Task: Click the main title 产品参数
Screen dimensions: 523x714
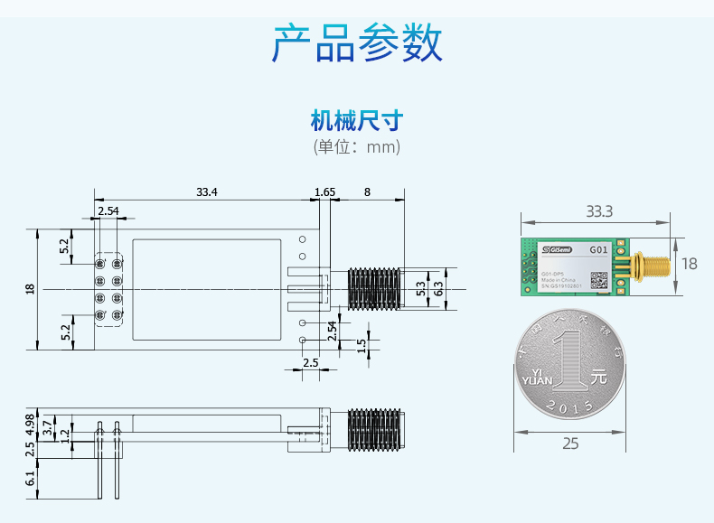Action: pos(357,43)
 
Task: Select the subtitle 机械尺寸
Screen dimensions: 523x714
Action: pos(356,120)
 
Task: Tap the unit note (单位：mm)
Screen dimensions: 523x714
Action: pos(356,146)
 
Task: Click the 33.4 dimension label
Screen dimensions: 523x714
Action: pos(207,191)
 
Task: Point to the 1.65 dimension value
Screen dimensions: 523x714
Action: pos(324,191)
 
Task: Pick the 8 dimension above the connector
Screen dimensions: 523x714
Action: pos(367,191)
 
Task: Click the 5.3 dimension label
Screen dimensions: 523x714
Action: pos(420,289)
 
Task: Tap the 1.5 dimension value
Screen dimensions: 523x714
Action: pos(362,345)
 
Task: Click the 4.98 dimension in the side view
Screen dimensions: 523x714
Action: pos(30,423)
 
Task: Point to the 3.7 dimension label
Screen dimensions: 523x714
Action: pos(48,423)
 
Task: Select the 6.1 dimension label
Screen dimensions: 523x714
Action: pos(30,478)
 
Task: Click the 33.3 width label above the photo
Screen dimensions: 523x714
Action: pos(598,211)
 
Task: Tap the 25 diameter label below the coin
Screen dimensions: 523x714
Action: pos(570,443)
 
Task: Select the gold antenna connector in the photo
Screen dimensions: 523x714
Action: pos(649,266)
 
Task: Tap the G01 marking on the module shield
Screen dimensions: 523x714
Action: pos(599,249)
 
